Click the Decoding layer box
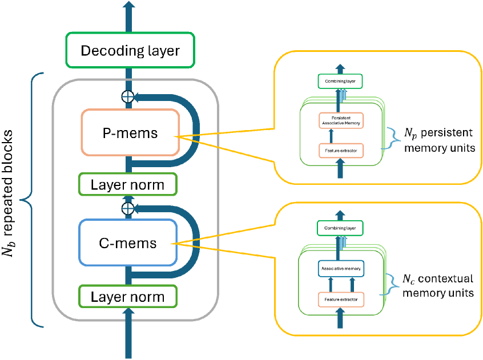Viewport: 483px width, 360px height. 130,51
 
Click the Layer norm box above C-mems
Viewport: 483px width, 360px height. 128,185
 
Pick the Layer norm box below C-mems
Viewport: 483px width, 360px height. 128,297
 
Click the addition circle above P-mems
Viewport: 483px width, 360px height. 128,96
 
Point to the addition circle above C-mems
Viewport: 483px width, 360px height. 128,207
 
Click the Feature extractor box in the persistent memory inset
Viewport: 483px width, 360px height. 340,151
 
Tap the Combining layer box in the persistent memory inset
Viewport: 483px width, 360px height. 340,82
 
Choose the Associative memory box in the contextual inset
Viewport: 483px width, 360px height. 340,267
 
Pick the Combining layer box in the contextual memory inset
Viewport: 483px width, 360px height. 340,228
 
